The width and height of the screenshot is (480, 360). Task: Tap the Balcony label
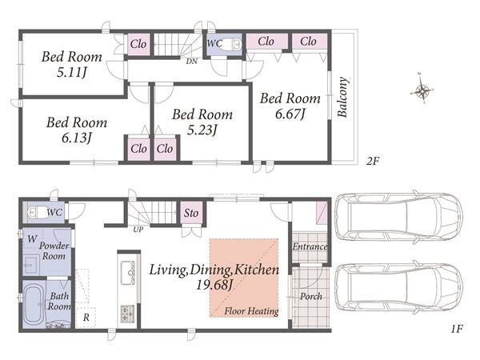342,97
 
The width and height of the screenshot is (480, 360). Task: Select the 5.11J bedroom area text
72,73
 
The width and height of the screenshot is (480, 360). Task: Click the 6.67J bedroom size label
290,114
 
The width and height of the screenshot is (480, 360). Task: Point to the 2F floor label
373,161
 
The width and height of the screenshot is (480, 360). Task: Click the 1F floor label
457,329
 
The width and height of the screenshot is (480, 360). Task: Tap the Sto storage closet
191,213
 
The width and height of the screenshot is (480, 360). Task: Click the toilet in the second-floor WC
230,45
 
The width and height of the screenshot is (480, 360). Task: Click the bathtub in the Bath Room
34,305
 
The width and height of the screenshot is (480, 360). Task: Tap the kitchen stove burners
128,313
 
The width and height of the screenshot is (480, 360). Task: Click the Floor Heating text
252,311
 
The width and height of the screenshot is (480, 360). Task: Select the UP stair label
138,230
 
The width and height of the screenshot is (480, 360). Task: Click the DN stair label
192,62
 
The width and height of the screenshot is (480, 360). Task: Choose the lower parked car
399,287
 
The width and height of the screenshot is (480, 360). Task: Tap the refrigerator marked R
86,318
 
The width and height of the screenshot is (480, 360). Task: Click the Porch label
311,296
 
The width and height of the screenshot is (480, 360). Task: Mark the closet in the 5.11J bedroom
138,44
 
